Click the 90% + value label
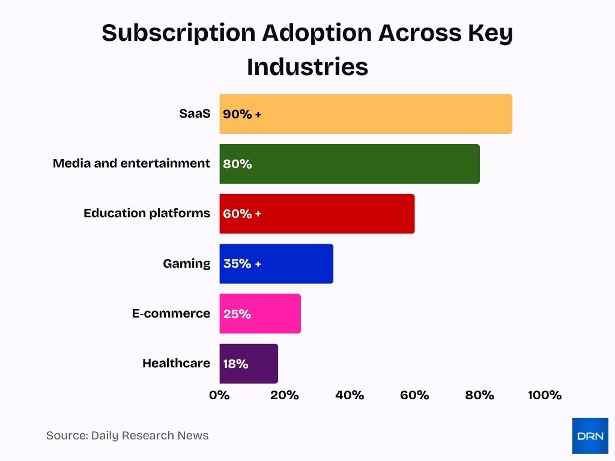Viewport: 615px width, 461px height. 242,114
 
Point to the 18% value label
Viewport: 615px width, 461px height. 235,364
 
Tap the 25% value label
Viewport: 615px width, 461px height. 237,314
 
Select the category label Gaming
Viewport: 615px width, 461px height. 187,264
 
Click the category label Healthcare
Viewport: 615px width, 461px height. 176,363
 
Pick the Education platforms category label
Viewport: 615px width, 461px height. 147,213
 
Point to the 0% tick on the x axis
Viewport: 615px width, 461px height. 219,395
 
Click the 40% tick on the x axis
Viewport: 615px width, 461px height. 350,395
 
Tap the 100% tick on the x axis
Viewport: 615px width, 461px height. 544,395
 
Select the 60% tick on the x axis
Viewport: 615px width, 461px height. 414,395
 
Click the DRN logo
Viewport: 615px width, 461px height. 590,435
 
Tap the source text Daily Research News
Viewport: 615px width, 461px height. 150,436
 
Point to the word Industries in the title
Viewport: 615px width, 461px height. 307,67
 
